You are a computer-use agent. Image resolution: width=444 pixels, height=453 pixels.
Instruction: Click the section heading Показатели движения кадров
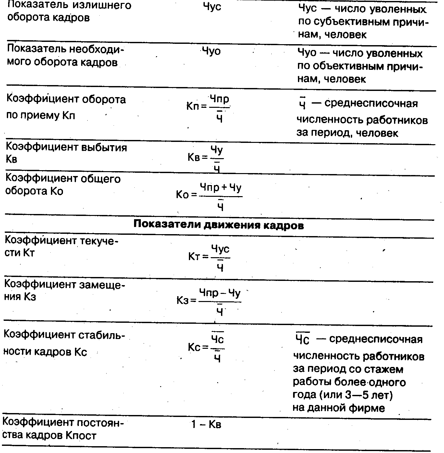click(x=218, y=225)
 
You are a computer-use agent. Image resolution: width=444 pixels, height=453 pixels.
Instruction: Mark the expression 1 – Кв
click(x=206, y=424)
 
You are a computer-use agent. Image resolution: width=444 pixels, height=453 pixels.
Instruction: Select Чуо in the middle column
click(x=211, y=51)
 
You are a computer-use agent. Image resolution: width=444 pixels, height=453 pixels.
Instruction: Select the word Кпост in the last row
click(x=81, y=435)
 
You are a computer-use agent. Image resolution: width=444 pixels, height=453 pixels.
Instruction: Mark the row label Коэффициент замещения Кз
click(x=64, y=290)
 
